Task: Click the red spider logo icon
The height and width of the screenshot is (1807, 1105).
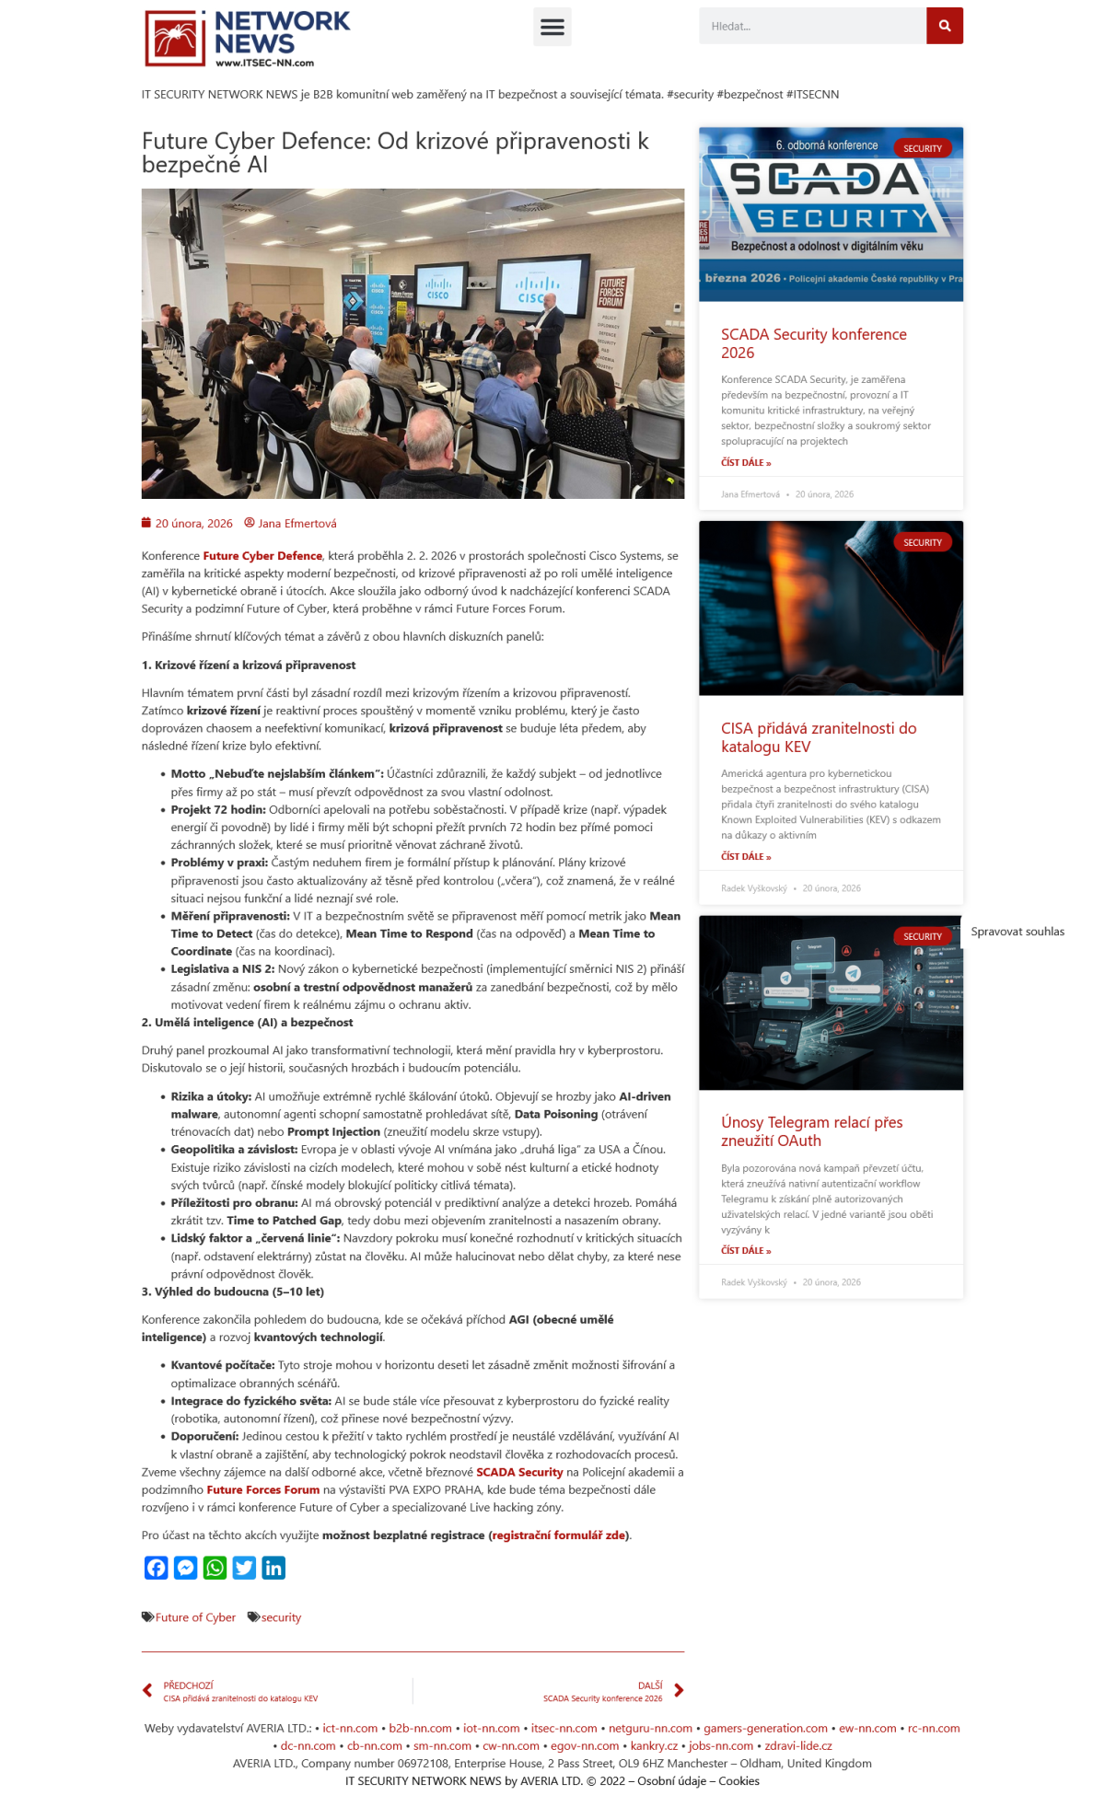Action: (x=175, y=39)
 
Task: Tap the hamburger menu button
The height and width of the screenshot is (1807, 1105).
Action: (x=552, y=27)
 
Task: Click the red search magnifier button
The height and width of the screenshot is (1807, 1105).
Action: (x=944, y=26)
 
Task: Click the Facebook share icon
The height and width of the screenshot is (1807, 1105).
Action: (x=157, y=1568)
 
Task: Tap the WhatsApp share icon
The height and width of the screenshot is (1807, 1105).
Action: (x=215, y=1568)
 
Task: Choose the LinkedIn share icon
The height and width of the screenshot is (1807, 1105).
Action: (x=273, y=1568)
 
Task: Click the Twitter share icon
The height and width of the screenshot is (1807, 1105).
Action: (x=244, y=1568)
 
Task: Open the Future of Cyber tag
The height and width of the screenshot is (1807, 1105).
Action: (x=195, y=1617)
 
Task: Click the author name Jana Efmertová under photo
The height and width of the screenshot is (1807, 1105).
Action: (x=297, y=524)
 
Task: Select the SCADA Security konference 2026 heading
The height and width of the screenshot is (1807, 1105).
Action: (x=813, y=343)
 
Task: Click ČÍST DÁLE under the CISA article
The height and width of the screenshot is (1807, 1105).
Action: (x=746, y=856)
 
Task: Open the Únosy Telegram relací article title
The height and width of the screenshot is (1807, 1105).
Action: (x=811, y=1131)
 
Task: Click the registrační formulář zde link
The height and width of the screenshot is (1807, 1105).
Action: (x=558, y=1535)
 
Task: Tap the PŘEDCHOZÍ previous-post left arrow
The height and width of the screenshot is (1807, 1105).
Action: (x=147, y=1690)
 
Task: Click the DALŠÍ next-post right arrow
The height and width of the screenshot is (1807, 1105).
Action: (x=679, y=1690)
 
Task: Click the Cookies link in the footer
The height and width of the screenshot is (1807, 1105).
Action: (x=739, y=1781)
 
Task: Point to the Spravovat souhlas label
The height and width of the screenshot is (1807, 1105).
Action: (x=1017, y=932)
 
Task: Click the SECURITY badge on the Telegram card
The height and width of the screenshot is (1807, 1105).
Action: (x=922, y=936)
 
